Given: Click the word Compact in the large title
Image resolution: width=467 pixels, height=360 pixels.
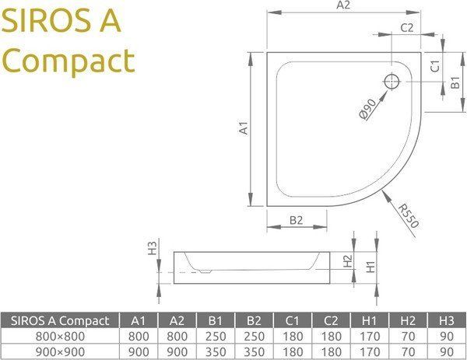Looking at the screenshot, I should point(68,60).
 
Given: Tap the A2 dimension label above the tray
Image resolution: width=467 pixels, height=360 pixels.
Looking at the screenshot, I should point(342,6).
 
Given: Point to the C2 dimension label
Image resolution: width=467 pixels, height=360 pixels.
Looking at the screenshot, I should point(406,29).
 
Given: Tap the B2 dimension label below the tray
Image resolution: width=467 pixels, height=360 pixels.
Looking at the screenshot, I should point(296,220).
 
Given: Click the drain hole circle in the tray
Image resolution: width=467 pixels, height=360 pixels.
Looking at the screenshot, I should point(392,80).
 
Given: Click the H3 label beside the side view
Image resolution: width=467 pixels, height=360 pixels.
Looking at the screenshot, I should point(153,249).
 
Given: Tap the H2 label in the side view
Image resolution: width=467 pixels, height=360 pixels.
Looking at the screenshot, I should point(348,261).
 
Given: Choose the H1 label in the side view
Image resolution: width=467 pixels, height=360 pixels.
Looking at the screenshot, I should point(371,267).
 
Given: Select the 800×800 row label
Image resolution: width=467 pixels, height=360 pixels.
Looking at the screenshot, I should point(60,337).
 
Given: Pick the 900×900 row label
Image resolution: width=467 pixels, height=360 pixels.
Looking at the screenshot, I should point(60,352).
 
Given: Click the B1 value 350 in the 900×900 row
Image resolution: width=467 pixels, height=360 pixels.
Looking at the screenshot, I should point(216,352).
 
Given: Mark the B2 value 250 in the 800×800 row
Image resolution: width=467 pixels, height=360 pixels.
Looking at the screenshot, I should point(255,337).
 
